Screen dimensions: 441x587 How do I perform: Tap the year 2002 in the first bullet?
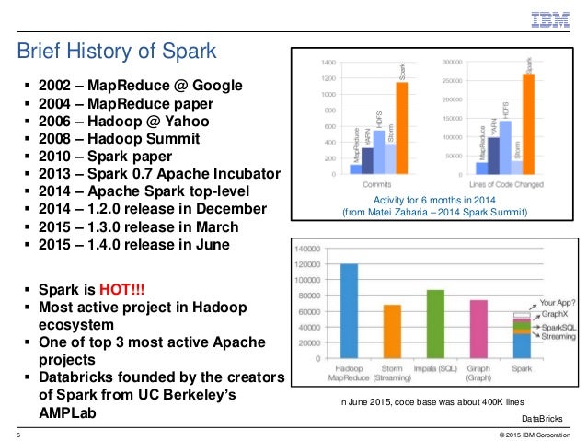[57, 86]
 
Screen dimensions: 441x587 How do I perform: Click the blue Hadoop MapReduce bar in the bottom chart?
[349, 310]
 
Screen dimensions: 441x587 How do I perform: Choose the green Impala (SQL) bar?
[435, 323]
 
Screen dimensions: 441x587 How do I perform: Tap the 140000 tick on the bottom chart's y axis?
[308, 249]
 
